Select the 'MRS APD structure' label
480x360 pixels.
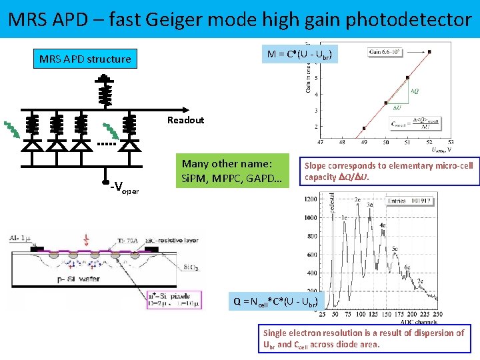pyautogui.click(x=85, y=59)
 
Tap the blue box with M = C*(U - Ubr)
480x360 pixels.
pyautogui.click(x=301, y=53)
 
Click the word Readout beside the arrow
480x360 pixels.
pyautogui.click(x=185, y=120)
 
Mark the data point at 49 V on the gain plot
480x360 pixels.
pyautogui.click(x=364, y=128)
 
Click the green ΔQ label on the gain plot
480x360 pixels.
pyautogui.click(x=413, y=91)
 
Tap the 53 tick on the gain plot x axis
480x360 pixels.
pyautogui.click(x=451, y=141)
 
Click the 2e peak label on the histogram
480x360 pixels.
pyautogui.click(x=357, y=199)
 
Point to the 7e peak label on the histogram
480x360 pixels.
pyautogui.click(x=421, y=282)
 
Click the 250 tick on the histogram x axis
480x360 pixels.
pyautogui.click(x=436, y=314)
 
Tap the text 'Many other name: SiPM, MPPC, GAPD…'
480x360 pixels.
pyautogui.click(x=227, y=171)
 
